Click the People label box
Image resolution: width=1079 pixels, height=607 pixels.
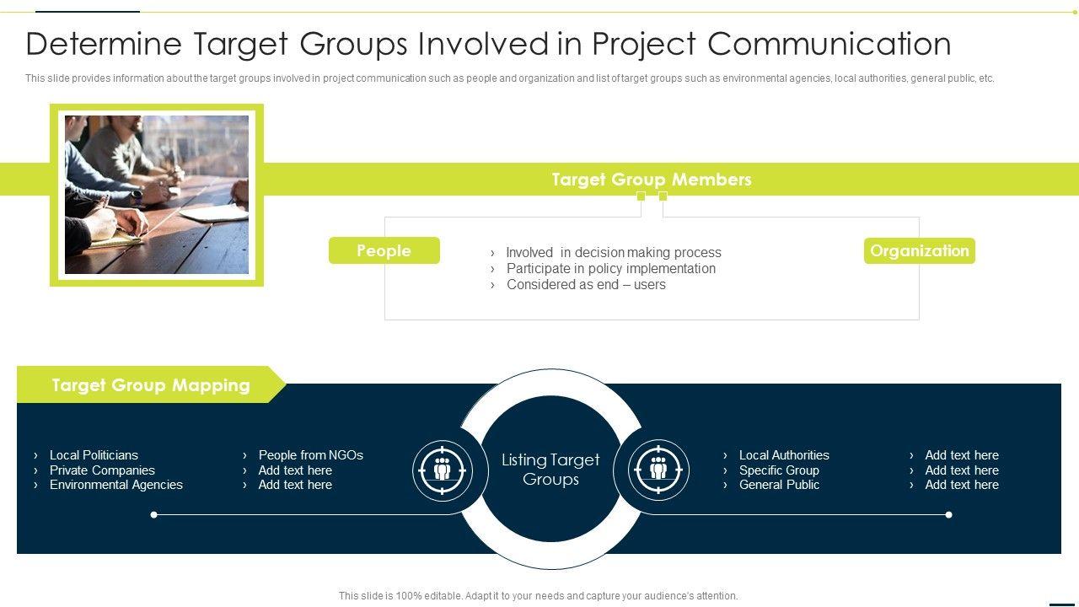(384, 250)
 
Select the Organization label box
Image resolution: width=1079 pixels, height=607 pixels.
(919, 250)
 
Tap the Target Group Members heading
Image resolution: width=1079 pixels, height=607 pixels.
(652, 180)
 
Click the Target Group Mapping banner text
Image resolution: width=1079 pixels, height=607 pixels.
(151, 385)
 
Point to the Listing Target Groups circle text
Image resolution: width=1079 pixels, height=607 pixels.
(550, 470)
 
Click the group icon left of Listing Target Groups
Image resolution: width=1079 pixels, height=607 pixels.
(443, 470)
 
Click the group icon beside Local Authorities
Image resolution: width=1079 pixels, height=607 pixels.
(658, 470)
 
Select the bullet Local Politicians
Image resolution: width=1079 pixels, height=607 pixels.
(94, 455)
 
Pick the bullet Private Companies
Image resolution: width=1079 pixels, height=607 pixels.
(102, 470)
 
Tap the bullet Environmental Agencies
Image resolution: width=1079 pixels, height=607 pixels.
(116, 485)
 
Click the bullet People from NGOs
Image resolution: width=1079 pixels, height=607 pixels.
(311, 455)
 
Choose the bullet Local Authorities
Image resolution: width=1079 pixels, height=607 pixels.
(784, 455)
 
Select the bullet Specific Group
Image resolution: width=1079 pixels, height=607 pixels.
(779, 470)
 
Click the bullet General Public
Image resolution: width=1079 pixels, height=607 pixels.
(779, 485)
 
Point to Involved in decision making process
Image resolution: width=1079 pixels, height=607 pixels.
(613, 252)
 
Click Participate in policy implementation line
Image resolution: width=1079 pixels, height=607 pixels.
(611, 268)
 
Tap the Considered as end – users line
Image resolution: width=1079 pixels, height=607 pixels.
(586, 285)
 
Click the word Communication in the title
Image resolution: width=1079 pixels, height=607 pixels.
(829, 44)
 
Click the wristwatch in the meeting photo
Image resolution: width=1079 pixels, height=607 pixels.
(137, 196)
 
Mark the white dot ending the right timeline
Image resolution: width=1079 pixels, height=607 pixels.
(948, 515)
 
